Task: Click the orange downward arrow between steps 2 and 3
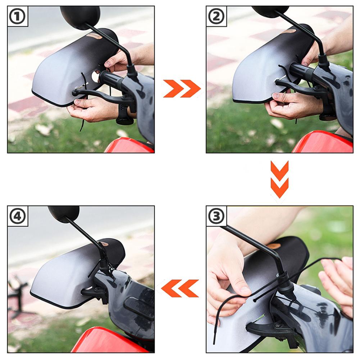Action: coord(279,179)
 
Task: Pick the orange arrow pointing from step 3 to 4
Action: coord(180,288)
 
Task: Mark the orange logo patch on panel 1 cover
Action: coord(94,36)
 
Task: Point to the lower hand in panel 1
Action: coord(90,110)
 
